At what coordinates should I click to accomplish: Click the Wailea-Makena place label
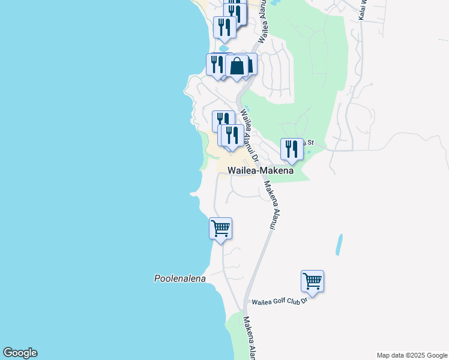click(x=261, y=170)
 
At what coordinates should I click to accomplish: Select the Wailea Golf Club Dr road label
click(x=279, y=301)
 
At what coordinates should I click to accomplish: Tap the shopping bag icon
click(x=238, y=66)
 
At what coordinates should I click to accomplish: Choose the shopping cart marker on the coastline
click(x=220, y=229)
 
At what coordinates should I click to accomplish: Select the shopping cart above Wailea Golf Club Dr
click(x=312, y=281)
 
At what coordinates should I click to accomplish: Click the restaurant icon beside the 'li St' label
click(x=292, y=149)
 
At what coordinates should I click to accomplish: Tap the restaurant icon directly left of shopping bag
click(x=217, y=64)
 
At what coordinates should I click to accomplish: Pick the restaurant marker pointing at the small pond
click(x=224, y=28)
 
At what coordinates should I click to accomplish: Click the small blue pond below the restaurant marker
click(x=224, y=47)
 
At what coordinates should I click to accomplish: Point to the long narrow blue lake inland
click(x=340, y=245)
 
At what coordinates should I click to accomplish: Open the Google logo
click(x=20, y=353)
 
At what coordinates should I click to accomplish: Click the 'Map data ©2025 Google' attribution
click(x=412, y=355)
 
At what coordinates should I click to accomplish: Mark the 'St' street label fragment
click(x=310, y=142)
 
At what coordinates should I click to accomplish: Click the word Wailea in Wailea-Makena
click(x=242, y=170)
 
